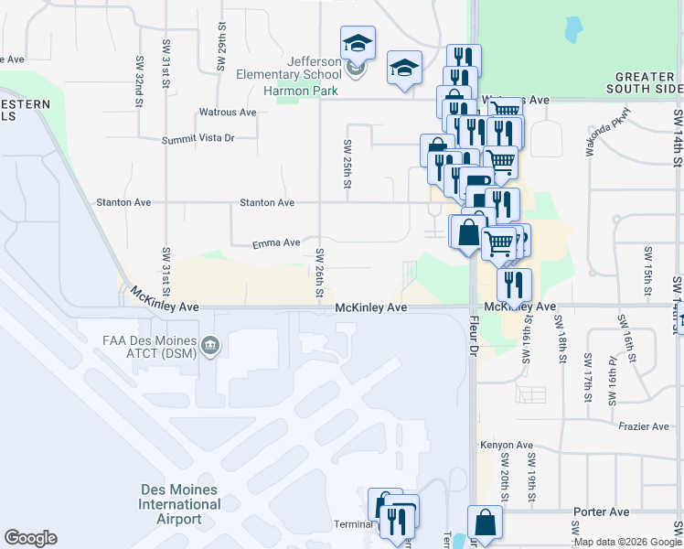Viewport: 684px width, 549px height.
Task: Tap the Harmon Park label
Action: (x=300, y=91)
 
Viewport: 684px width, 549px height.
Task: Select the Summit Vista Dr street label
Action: (x=198, y=138)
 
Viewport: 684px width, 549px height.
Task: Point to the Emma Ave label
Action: (x=277, y=243)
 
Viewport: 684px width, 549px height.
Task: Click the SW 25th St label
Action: (x=347, y=164)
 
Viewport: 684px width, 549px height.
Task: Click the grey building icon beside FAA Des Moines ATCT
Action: (x=211, y=345)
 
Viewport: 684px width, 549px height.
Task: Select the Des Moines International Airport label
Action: (x=179, y=504)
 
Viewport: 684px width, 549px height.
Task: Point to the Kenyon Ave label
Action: (x=507, y=446)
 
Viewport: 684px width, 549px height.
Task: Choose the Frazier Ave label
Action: (x=643, y=426)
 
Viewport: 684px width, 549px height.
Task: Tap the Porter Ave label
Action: (x=601, y=511)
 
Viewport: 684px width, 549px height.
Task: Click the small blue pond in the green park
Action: (x=572, y=30)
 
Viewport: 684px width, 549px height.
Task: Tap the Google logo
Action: (x=30, y=538)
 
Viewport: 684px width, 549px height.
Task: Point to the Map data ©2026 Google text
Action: (x=627, y=543)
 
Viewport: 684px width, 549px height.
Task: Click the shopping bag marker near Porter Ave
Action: (x=486, y=523)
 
